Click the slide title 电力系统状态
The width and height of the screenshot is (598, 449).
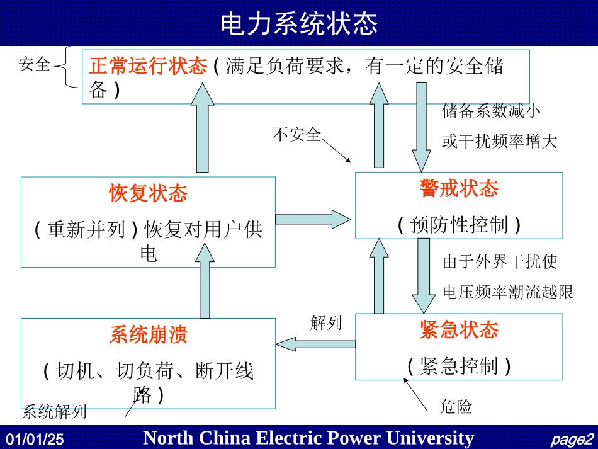coord(299,24)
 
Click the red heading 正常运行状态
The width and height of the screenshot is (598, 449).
coord(148,66)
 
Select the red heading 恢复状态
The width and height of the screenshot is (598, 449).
coord(148,193)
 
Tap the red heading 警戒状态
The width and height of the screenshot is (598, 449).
coord(459,188)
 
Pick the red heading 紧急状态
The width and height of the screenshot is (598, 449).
coord(459,329)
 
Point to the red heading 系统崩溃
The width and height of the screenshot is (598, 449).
coord(148,334)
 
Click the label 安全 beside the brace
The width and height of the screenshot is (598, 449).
coord(35,64)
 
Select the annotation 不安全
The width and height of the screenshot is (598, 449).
coord(296,134)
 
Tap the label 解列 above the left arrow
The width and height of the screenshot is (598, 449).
coord(325,323)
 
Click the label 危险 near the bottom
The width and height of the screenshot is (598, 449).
coord(456,407)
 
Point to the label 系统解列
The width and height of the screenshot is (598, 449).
coord(54,412)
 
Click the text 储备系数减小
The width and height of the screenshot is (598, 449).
coord(491,111)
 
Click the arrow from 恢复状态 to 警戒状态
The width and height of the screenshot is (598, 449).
coord(312,219)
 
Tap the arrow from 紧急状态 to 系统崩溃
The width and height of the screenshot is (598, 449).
coord(315,343)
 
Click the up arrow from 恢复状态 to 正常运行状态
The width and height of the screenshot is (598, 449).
coord(202,128)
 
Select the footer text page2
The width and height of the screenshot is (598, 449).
coord(571,439)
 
